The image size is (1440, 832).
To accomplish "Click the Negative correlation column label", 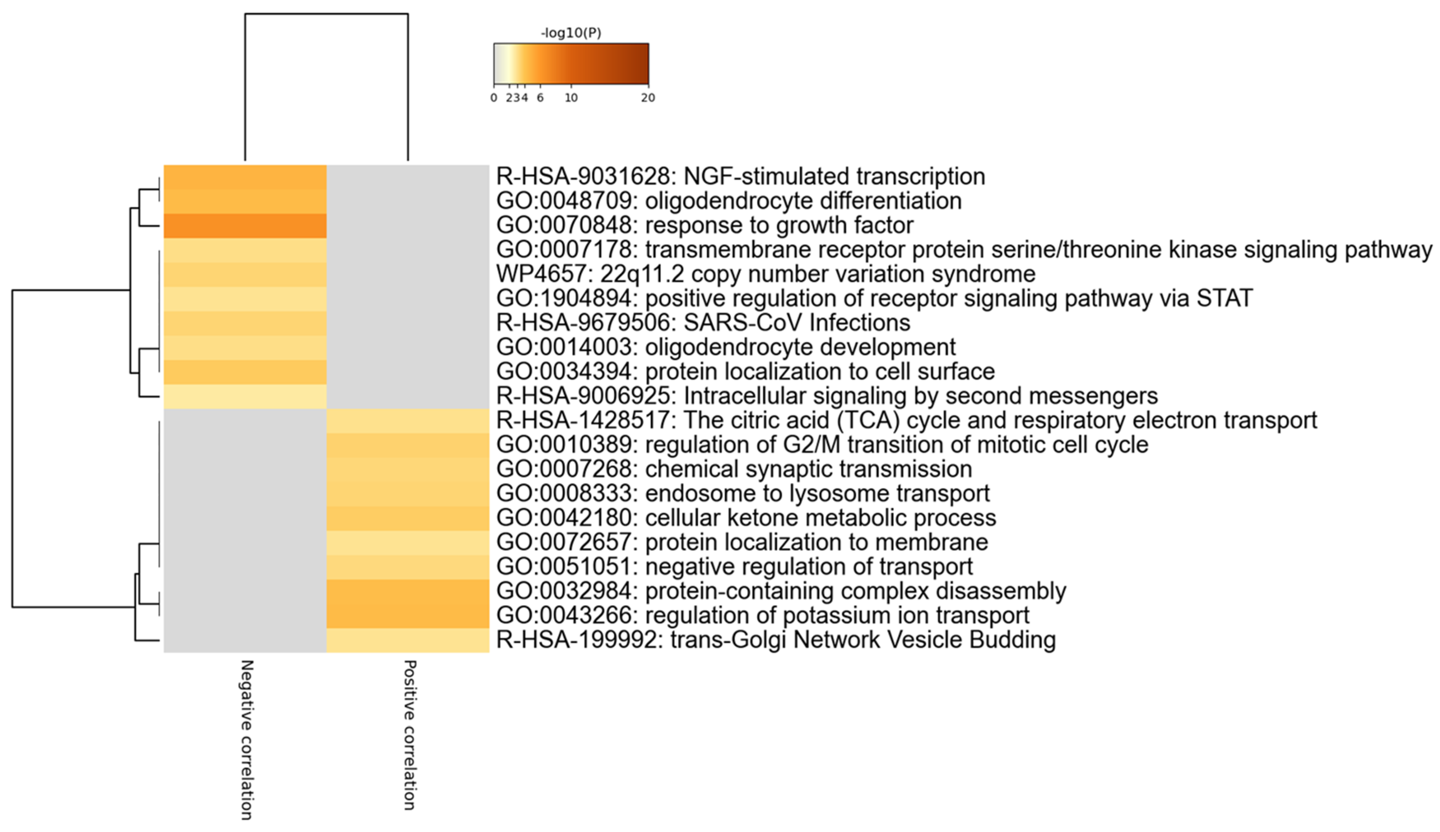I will point(246,740).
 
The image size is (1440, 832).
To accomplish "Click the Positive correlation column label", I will point(409,735).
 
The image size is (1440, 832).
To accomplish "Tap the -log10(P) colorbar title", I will point(571,33).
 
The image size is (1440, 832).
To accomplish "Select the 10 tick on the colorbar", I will point(571,98).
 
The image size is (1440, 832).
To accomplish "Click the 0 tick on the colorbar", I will point(494,98).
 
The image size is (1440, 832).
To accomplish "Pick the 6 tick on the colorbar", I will point(540,98).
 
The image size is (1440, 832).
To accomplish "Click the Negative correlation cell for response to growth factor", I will point(245,226).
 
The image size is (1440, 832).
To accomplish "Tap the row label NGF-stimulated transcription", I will point(740,176).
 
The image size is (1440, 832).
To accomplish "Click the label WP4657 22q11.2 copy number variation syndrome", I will point(765,274).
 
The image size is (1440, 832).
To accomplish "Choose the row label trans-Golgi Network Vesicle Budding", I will point(776,639).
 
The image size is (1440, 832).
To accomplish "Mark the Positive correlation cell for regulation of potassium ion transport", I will point(408,615).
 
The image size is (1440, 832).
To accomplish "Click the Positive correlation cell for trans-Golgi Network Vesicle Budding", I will point(408,640).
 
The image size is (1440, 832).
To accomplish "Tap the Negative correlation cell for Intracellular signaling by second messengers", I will point(245,396).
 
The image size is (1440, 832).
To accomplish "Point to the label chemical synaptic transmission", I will point(734,469).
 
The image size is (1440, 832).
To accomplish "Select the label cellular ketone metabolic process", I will point(746,518).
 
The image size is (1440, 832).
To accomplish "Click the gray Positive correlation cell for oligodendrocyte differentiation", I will point(408,201).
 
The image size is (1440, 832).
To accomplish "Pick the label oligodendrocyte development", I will point(725,347).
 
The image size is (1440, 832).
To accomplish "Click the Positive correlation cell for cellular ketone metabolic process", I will point(408,518).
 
